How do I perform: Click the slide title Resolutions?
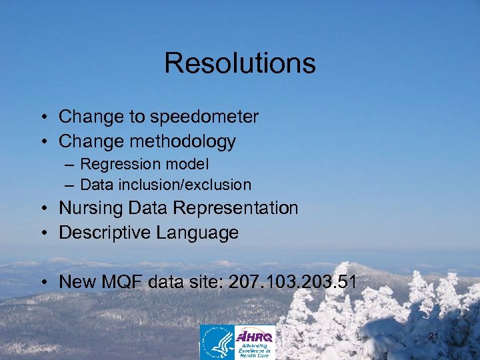239,63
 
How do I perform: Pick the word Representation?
235,208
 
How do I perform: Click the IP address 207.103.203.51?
292,282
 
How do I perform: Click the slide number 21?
433,337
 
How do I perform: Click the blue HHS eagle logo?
217,342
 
